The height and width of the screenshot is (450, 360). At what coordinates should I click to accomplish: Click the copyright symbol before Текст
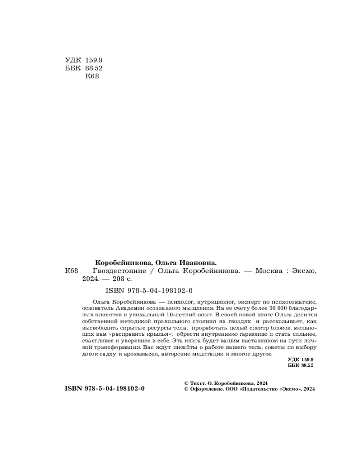click(187, 382)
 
